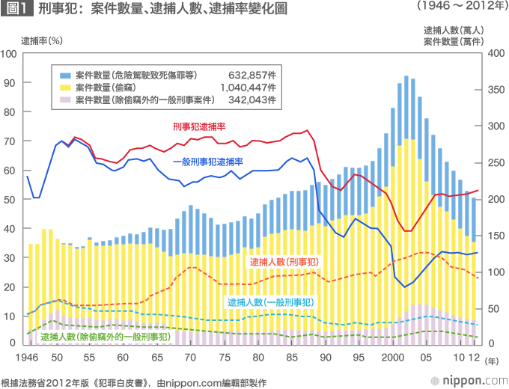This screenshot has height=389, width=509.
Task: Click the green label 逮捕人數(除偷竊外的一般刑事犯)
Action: (105, 337)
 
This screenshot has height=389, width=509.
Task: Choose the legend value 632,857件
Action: (252, 76)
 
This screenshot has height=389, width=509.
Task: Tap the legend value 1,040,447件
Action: (248, 88)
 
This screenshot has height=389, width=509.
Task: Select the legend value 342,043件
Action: (252, 99)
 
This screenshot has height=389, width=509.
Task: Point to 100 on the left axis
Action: (9, 54)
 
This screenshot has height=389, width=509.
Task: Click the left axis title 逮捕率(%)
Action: (41, 40)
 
